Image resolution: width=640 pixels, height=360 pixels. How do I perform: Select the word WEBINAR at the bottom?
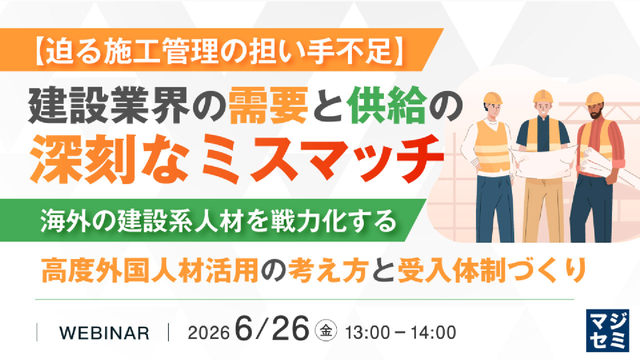(104, 333)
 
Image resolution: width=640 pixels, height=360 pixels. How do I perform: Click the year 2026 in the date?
(208, 333)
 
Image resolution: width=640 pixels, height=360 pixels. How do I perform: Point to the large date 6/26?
(272, 328)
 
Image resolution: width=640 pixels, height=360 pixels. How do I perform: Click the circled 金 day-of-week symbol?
(326, 330)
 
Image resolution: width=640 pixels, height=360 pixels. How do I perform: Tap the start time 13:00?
(368, 333)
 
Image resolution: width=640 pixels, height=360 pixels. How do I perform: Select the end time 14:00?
(433, 333)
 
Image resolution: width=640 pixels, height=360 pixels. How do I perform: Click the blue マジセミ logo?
(608, 331)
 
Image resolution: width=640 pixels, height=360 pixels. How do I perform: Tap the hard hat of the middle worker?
(543, 96)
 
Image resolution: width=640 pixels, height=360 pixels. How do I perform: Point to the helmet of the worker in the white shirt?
(492, 98)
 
